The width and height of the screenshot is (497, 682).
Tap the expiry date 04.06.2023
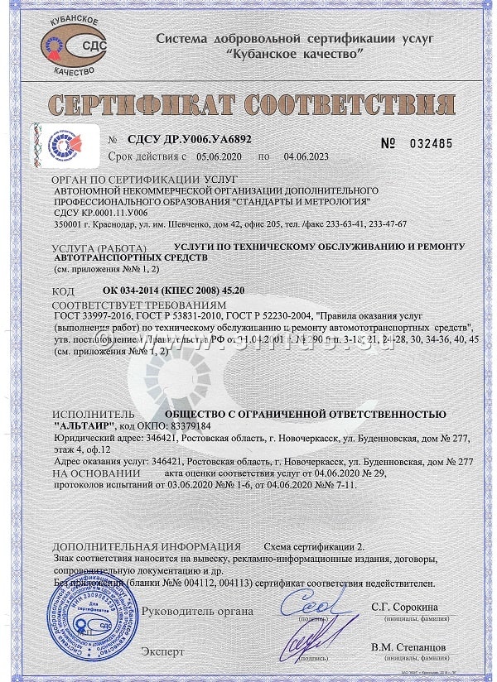[x=307, y=156]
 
